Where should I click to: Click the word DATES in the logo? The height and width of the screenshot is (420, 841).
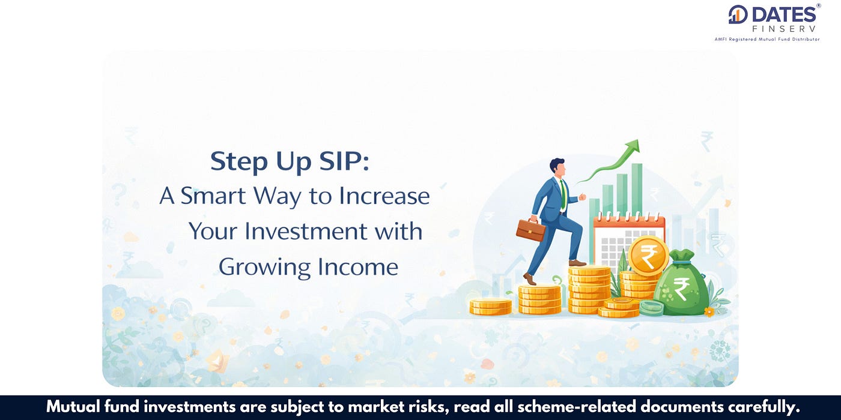pyautogui.click(x=784, y=15)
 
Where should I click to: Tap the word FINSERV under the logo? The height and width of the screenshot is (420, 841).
pyautogui.click(x=784, y=29)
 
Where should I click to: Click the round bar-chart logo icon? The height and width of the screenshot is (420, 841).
pyautogui.click(x=738, y=14)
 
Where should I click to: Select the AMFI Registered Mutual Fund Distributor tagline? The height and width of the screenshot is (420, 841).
pyautogui.click(x=767, y=40)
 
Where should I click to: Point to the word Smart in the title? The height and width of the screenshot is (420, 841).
pyautogui.click(x=213, y=196)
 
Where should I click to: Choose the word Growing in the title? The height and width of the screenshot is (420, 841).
pyautogui.click(x=265, y=268)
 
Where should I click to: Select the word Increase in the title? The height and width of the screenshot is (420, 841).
pyautogui.click(x=384, y=196)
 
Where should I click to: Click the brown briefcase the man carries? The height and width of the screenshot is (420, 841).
pyautogui.click(x=530, y=229)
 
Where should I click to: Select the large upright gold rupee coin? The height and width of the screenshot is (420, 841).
pyautogui.click(x=648, y=256)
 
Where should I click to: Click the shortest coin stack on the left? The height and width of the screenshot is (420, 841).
pyautogui.click(x=491, y=307)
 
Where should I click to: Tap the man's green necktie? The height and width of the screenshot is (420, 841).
pyautogui.click(x=563, y=195)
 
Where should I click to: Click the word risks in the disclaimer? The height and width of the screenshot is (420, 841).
pyautogui.click(x=430, y=407)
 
